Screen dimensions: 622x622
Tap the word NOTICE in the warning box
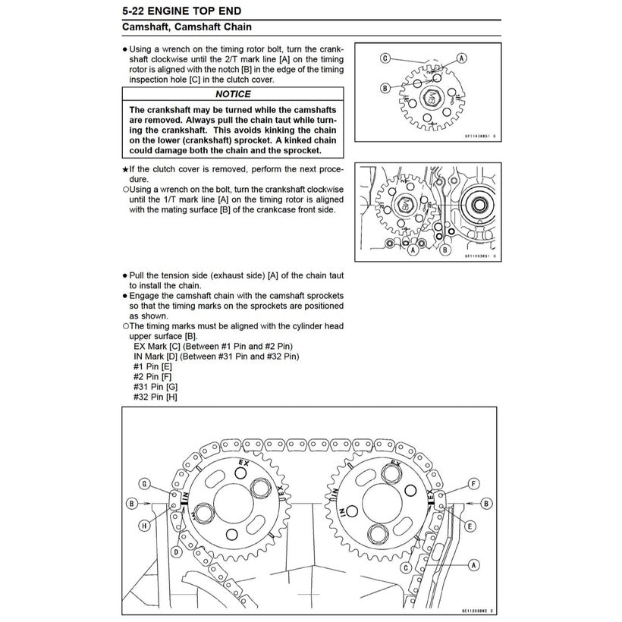click(x=232, y=94)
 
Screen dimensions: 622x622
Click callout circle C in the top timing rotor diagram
click(x=385, y=58)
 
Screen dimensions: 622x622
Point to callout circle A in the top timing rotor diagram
click(x=460, y=58)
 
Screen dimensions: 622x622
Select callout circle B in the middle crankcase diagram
click(x=445, y=248)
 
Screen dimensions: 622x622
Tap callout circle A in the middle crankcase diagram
click(x=413, y=249)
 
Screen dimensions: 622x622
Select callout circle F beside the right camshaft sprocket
click(x=473, y=483)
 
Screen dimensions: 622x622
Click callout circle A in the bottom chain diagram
click(x=473, y=564)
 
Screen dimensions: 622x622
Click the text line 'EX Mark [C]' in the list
click(x=215, y=345)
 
